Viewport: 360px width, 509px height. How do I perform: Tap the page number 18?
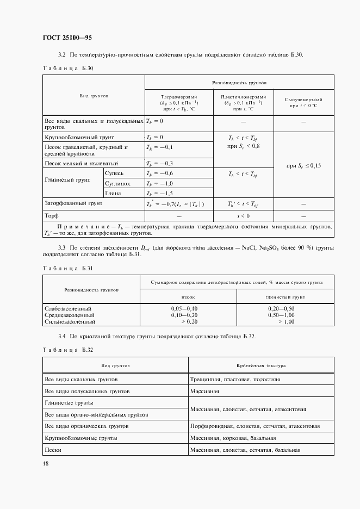click(46, 463)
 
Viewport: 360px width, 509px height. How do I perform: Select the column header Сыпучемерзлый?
click(303, 100)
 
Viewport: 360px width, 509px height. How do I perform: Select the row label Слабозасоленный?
click(68, 309)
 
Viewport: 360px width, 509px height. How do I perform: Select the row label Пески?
click(53, 450)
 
